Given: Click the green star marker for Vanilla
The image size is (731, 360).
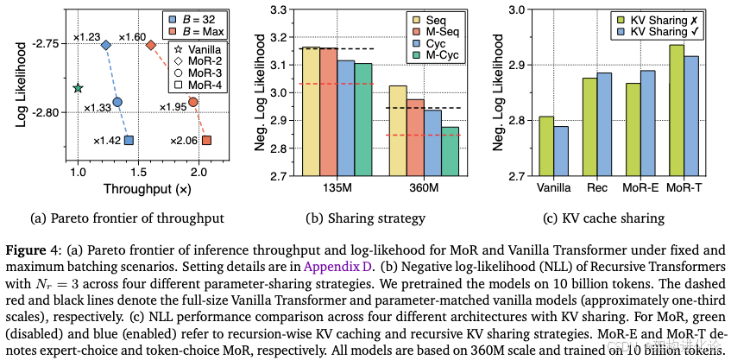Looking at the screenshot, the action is pyautogui.click(x=78, y=88).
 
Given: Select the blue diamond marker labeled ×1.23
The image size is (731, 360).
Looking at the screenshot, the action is pyautogui.click(x=106, y=45).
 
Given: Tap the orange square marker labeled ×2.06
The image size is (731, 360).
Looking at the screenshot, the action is pyautogui.click(x=207, y=140).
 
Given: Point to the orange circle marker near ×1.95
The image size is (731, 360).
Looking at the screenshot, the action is pyautogui.click(x=193, y=102).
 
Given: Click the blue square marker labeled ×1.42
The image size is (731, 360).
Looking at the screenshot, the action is pyautogui.click(x=129, y=140).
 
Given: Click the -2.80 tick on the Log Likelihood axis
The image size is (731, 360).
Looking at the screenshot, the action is pyautogui.click(x=51, y=112).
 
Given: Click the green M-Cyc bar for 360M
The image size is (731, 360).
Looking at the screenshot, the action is pyautogui.click(x=450, y=152).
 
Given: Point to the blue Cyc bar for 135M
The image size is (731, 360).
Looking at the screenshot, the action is pyautogui.click(x=345, y=118).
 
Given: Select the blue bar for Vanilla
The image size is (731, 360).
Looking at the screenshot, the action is pyautogui.click(x=561, y=151).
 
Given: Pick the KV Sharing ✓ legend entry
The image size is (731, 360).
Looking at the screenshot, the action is pyautogui.click(x=662, y=31).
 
